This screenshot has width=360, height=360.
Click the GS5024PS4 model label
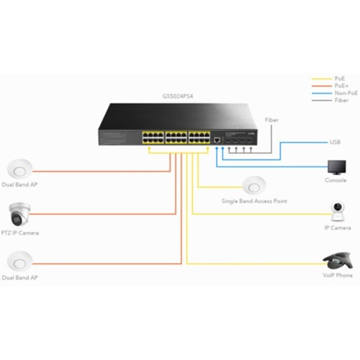coord(178,96)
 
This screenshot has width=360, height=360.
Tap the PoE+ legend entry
coord(341,86)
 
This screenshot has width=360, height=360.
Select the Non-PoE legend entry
coord(346,93)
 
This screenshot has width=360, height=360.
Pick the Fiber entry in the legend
coord(341,100)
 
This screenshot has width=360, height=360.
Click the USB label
coord(335,142)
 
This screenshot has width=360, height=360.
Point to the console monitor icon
coord(337,168)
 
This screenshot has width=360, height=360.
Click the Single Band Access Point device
coord(254,186)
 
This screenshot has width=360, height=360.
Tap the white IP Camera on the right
coord(338,211)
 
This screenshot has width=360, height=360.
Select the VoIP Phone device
coord(338,261)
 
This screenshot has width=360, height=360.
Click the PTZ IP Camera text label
coord(20,233)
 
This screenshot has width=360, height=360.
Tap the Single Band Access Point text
coord(254,201)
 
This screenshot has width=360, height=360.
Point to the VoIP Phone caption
coord(338,275)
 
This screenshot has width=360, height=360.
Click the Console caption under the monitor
coord(336,180)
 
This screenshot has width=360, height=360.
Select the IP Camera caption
coord(338,228)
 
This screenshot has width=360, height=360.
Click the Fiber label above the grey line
coord(271,120)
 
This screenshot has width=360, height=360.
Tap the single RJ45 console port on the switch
coord(217,140)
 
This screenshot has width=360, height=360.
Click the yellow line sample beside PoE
coord(322,78)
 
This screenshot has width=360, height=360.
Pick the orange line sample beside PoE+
coord(322,86)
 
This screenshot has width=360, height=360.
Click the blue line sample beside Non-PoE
coord(322,94)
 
